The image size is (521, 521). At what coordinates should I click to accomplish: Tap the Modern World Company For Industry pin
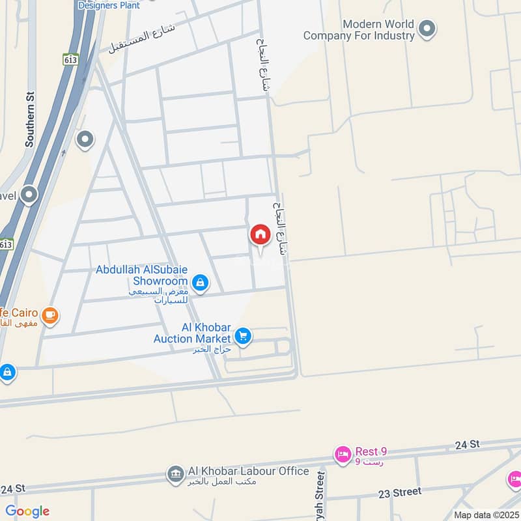427,29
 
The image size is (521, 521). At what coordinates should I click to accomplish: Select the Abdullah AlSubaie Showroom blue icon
201,282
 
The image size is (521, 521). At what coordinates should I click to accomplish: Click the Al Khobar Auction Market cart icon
243,336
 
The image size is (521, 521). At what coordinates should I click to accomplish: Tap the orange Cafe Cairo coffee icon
49,316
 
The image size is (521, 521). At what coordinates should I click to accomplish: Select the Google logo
27,511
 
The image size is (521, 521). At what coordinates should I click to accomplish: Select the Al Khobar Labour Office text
247,471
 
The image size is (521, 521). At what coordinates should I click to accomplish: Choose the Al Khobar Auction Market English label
193,332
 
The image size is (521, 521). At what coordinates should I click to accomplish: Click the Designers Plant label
109,5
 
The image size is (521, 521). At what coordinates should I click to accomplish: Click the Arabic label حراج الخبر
212,350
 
